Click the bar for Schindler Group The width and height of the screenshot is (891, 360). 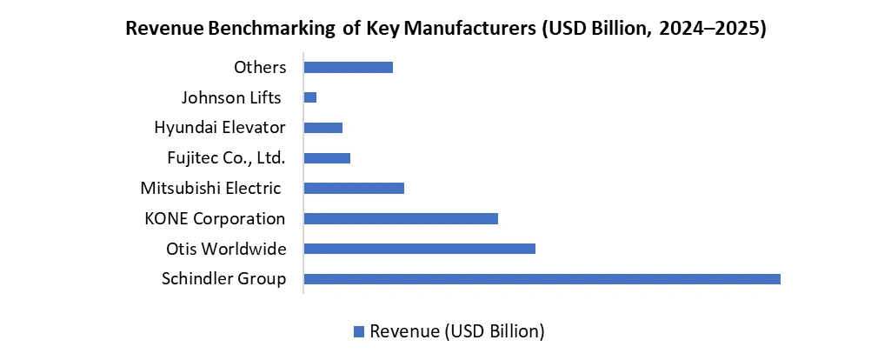click(542, 279)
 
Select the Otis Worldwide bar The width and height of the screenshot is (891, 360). click(419, 249)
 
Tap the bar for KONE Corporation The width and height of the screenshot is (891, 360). click(401, 218)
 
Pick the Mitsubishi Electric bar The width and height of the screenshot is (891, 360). click(354, 188)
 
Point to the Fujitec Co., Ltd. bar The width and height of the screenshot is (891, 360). click(327, 158)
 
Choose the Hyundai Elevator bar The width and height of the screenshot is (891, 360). click(322, 128)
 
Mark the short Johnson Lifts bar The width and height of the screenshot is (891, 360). click(310, 97)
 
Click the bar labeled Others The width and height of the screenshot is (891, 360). click(348, 67)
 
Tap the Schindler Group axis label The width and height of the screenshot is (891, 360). click(223, 279)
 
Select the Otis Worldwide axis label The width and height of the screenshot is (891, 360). click(226, 250)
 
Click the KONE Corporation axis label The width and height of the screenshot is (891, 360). click(215, 219)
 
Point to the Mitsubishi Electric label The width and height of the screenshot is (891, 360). click(210, 189)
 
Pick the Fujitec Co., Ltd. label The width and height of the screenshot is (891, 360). click(226, 158)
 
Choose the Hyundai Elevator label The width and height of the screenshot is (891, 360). click(220, 128)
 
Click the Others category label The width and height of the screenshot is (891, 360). click(260, 67)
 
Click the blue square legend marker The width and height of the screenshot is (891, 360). click(358, 331)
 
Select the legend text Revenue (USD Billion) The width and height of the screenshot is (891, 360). click(456, 331)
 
